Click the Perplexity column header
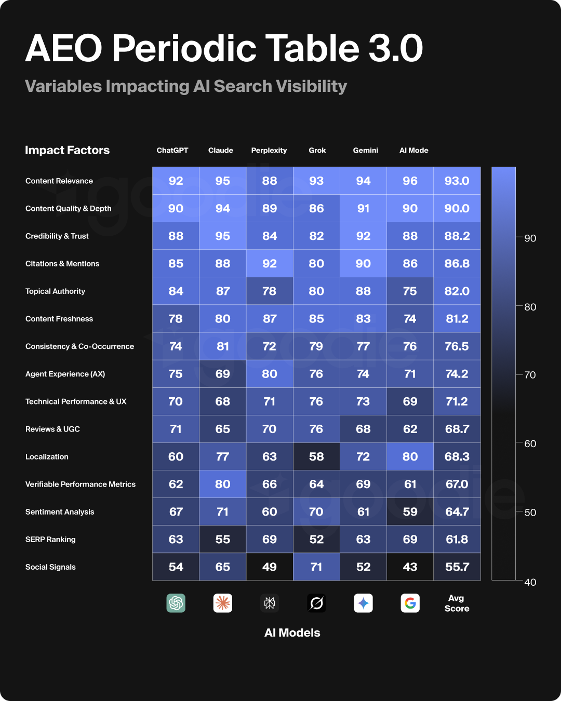[269, 151]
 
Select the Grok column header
[317, 151]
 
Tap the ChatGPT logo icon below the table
[176, 603]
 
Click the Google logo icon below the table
[410, 603]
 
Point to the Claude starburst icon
[223, 603]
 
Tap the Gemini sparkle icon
[363, 603]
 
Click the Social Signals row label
[50, 567]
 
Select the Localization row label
[47, 457]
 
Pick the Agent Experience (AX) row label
[65, 374]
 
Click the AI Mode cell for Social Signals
[410, 567]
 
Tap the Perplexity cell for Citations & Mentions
[270, 264]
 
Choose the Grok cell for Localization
[316, 457]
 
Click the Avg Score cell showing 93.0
[457, 181]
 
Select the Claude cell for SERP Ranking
[223, 540]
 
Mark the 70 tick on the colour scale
[530, 375]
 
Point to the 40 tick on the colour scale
[530, 582]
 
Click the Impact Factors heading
[68, 151]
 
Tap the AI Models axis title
[292, 633]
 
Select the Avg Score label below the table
[457, 603]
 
